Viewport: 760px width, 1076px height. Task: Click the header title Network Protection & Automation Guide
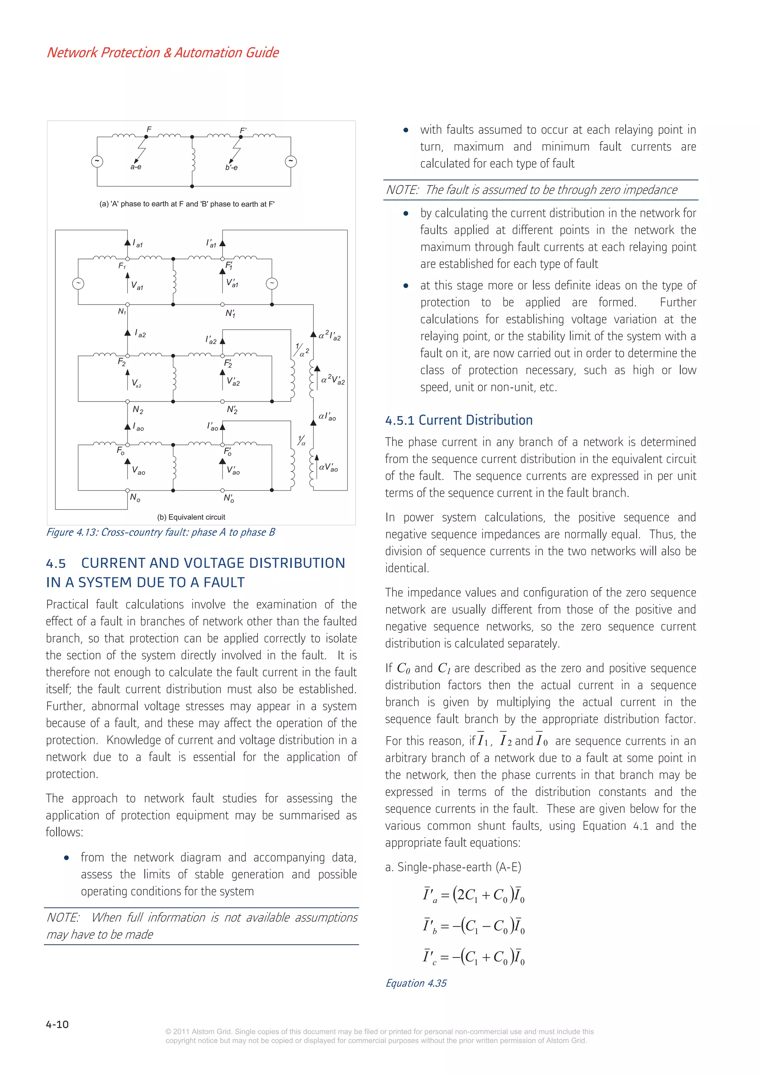[163, 52]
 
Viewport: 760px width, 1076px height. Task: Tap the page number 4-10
[57, 1024]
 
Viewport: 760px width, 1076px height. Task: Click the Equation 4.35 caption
[416, 983]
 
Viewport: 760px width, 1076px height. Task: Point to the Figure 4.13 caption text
[160, 532]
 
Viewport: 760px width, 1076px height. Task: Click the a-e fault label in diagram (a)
[136, 167]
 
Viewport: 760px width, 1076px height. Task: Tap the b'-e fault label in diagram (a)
[231, 167]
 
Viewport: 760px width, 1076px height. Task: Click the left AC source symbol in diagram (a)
[97, 161]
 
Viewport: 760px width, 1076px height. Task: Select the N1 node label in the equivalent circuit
[122, 312]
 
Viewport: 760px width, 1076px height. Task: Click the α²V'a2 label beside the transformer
[333, 380]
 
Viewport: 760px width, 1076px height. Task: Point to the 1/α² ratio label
[301, 350]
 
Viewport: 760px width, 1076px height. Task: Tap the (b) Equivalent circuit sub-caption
[191, 517]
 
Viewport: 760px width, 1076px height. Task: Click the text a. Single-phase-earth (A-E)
[453, 867]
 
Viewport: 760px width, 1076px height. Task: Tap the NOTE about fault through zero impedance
[531, 190]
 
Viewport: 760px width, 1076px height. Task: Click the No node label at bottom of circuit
[135, 498]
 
